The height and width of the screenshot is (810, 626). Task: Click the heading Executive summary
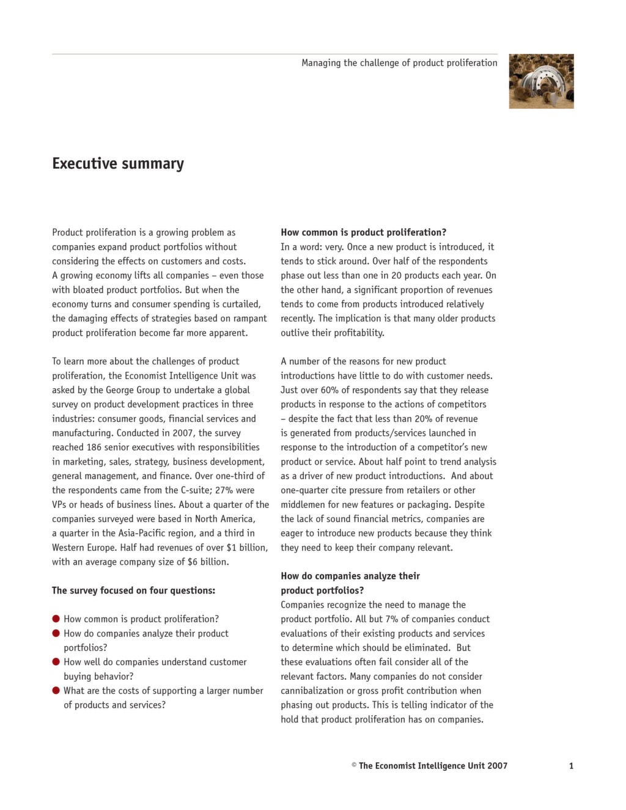click(x=118, y=164)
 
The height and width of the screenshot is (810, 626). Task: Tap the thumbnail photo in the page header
click(x=541, y=81)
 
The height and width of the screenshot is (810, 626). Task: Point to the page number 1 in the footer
click(x=571, y=766)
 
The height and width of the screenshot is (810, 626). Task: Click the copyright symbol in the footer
click(x=354, y=765)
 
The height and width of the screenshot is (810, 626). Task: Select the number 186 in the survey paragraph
click(x=94, y=447)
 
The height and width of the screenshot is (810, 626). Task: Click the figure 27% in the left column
click(x=224, y=490)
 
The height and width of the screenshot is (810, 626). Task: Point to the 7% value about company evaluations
click(x=392, y=619)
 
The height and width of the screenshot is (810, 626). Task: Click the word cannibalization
click(x=312, y=691)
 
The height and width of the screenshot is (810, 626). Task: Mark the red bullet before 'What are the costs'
click(x=56, y=690)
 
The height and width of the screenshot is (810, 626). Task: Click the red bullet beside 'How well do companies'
click(x=56, y=661)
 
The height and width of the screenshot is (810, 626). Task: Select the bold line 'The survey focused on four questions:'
click(x=133, y=591)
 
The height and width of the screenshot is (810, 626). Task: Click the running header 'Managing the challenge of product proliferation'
click(x=399, y=63)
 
